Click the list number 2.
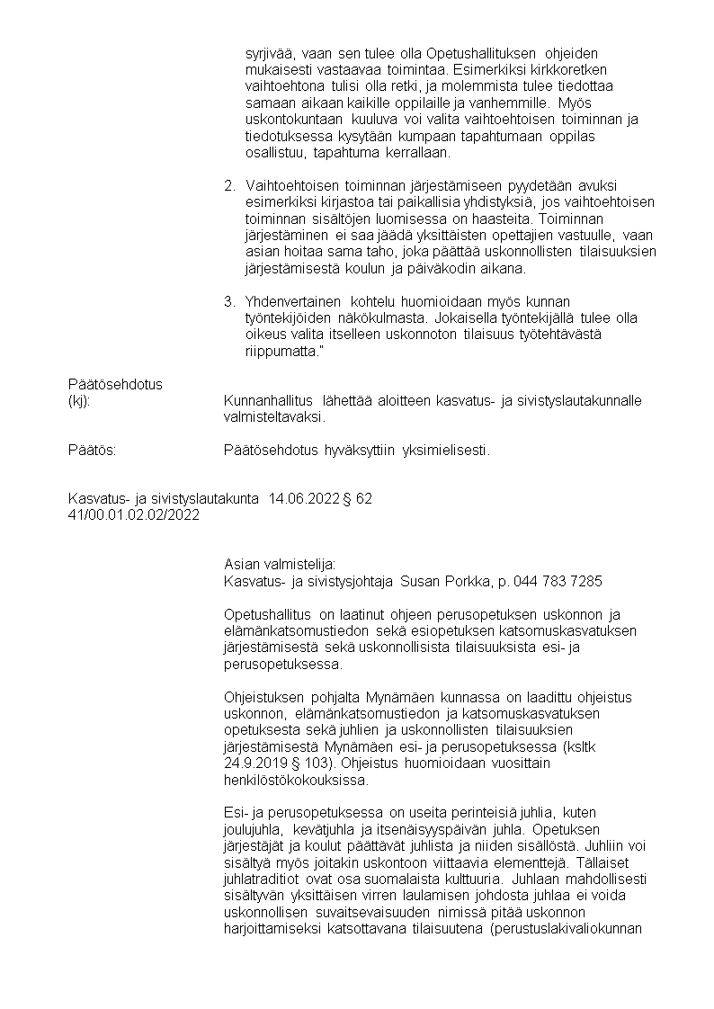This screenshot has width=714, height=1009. tap(229, 186)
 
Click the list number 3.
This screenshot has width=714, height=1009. tap(229, 300)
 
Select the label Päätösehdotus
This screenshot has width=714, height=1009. tap(115, 384)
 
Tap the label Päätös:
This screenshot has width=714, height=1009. tap(92, 450)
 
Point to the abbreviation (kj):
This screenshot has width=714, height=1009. tap(80, 401)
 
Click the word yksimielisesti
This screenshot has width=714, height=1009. tap(446, 450)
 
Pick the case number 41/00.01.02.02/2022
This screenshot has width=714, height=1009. tap(133, 514)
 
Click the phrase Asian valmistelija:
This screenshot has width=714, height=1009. tap(279, 565)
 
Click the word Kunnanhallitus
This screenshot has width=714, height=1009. tap(267, 401)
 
